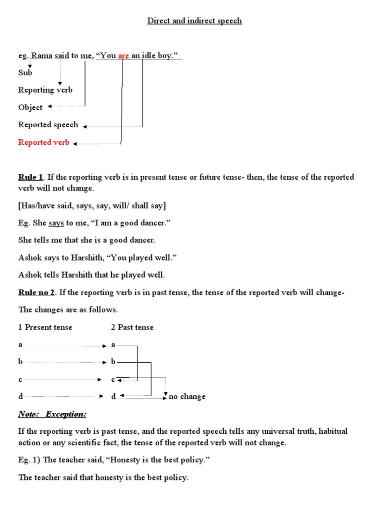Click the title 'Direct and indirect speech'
click(194, 21)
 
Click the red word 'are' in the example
click(123, 56)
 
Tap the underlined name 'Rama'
click(42, 56)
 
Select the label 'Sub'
click(25, 73)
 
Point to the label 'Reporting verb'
click(45, 90)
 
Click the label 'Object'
click(30, 107)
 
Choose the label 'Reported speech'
click(48, 125)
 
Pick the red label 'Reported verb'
click(43, 142)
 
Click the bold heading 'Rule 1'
click(30, 177)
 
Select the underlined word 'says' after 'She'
click(56, 222)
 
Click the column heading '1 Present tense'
click(45, 327)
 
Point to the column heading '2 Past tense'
click(132, 327)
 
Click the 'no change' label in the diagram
click(187, 397)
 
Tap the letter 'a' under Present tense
click(20, 345)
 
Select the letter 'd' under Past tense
click(113, 397)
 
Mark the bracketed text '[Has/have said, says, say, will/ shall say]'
click(92, 206)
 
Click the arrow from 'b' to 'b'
click(65, 362)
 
